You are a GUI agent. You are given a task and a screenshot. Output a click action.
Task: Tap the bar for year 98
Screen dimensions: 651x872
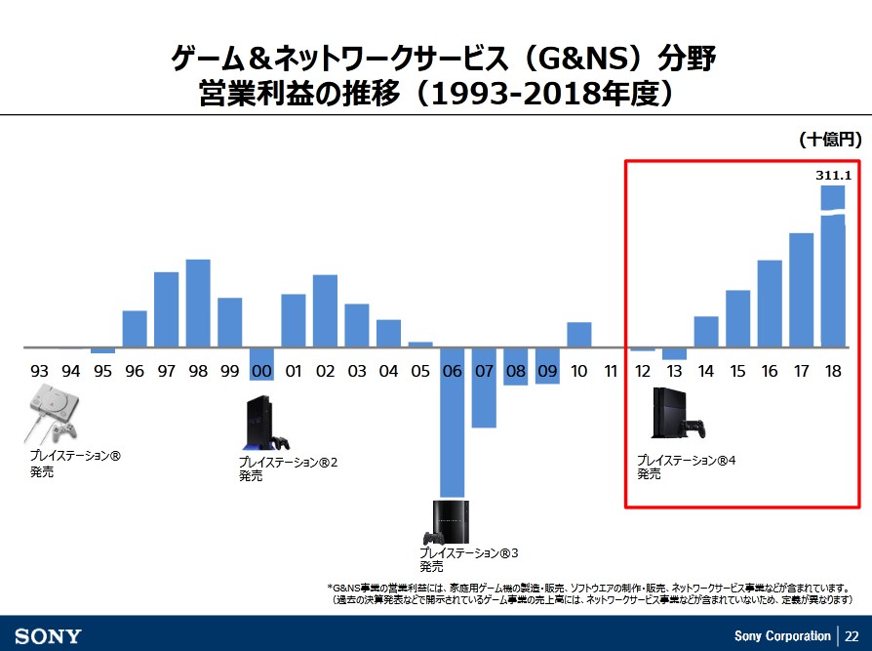pyautogui.click(x=198, y=303)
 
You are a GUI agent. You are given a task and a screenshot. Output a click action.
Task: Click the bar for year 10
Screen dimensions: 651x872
pyautogui.click(x=579, y=335)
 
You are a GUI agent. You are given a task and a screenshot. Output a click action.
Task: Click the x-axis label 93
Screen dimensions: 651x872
pyautogui.click(x=39, y=371)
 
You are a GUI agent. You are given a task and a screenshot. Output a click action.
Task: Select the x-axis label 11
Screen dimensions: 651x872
pyautogui.click(x=611, y=371)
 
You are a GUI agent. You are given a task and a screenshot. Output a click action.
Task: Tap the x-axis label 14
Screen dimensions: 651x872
pyautogui.click(x=706, y=371)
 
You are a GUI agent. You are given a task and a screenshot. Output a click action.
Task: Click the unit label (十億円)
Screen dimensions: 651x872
pyautogui.click(x=829, y=141)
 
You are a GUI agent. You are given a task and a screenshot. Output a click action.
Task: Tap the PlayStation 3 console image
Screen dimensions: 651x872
pyautogui.click(x=448, y=523)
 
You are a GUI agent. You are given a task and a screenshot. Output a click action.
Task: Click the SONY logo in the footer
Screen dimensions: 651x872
pyautogui.click(x=48, y=636)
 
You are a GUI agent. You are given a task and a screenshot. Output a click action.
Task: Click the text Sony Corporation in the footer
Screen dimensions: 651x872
pyautogui.click(x=782, y=636)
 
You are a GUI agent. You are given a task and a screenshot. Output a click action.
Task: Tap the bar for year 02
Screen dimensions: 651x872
pyautogui.click(x=325, y=310)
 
